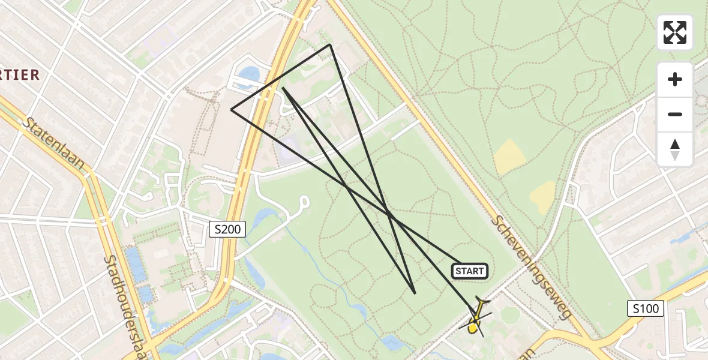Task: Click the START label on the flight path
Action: (x=469, y=271)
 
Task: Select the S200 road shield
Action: (x=227, y=229)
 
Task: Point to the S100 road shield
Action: (x=646, y=309)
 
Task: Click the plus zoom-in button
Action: (x=675, y=79)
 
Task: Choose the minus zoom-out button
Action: (x=675, y=114)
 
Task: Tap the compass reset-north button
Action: (x=675, y=149)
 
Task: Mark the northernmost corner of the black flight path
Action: (x=329, y=44)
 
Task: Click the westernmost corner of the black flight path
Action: (x=232, y=109)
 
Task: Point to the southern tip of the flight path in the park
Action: (x=415, y=293)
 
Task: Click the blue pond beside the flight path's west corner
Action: (x=248, y=74)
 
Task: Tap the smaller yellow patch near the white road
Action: (x=543, y=196)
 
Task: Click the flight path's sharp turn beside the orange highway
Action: (x=283, y=88)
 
